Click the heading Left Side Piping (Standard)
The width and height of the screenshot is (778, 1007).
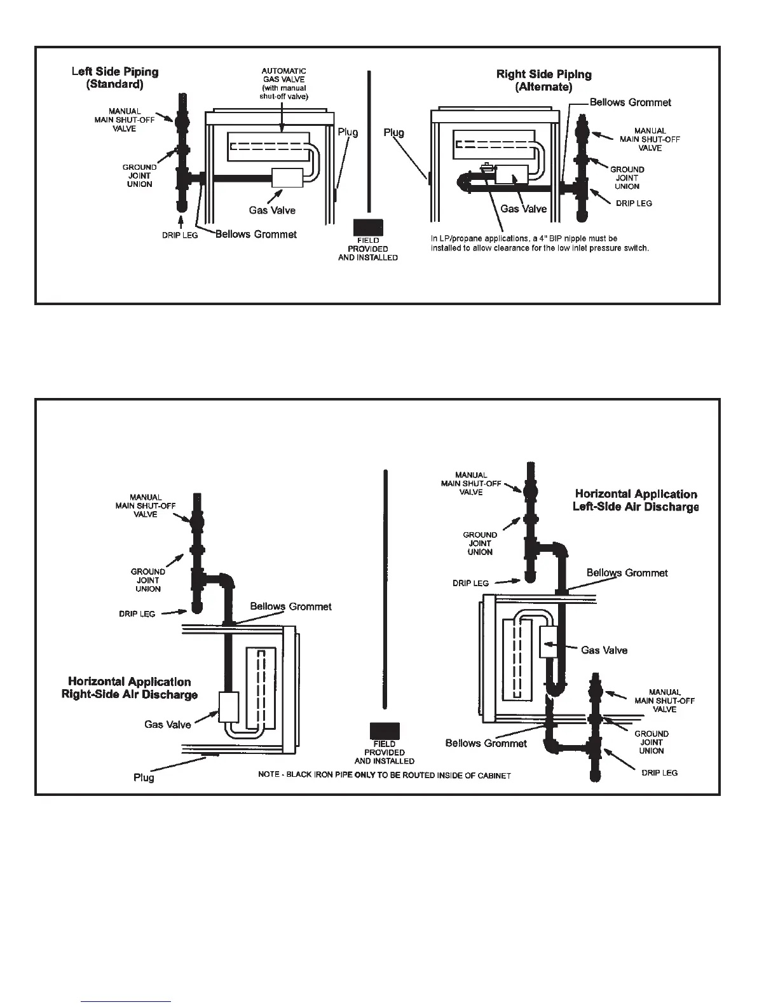pos(115,78)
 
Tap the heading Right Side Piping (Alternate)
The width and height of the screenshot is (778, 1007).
pos(543,81)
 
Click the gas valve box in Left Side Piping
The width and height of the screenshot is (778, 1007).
pos(287,178)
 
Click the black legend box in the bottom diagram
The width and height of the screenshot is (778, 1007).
pos(384,731)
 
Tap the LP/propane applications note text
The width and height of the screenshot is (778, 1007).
pos(540,243)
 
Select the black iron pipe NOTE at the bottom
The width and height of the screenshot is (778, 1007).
pos(385,776)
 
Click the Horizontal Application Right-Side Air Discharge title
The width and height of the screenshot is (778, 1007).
pos(130,688)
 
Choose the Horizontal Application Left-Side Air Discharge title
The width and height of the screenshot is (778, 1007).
pos(636,500)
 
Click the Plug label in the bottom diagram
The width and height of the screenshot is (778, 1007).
pos(144,778)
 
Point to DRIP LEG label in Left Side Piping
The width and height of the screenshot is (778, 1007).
pos(181,236)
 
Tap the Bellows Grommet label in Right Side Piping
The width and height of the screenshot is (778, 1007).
pos(630,102)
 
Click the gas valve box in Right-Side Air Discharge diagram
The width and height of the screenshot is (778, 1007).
pos(228,707)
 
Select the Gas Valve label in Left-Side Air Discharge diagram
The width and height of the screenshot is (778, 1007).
pos(604,650)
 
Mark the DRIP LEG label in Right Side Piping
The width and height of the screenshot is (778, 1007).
pos(634,204)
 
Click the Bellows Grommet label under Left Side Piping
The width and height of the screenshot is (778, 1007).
pos(256,234)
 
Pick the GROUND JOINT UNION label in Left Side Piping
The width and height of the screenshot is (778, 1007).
pos(139,176)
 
